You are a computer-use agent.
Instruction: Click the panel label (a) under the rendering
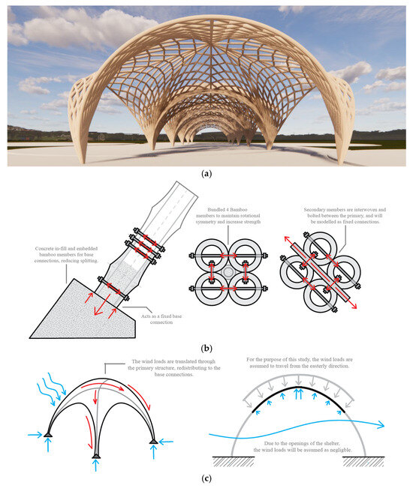pos(206,172)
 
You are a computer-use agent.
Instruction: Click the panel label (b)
pos(206,348)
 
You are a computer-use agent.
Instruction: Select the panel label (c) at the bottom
pos(206,478)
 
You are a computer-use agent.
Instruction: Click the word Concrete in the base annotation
pos(47,247)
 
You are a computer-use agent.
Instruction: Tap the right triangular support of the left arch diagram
pos(154,440)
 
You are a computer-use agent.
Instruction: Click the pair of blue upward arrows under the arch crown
pos(300,391)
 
